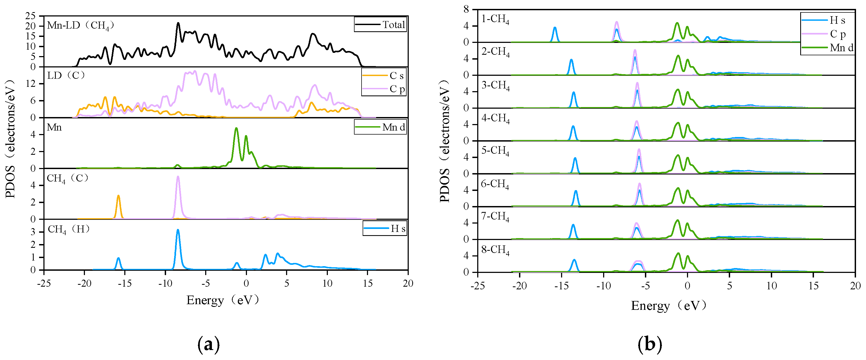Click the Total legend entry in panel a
380,25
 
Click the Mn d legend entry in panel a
380,127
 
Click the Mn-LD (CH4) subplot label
81,25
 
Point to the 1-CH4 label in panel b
495,19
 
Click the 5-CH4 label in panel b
495,150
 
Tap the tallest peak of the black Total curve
178,23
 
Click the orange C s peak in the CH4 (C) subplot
118,196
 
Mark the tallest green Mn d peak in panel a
236,128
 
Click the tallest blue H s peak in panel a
178,230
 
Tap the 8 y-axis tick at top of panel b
466,9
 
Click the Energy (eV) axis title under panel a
222,300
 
